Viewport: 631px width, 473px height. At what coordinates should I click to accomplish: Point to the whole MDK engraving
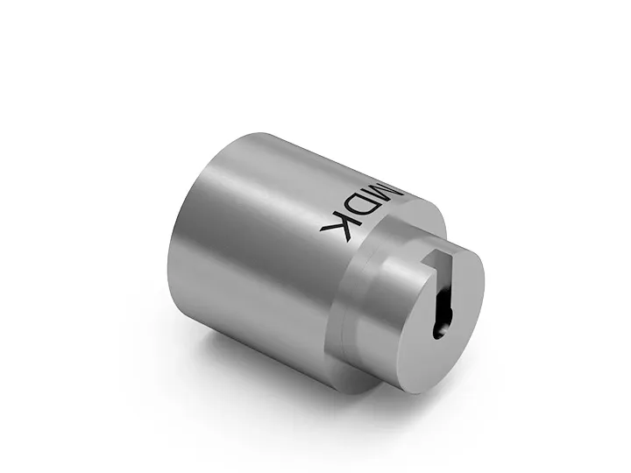pos(362,210)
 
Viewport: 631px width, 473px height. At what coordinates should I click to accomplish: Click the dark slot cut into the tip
pos(442,298)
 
